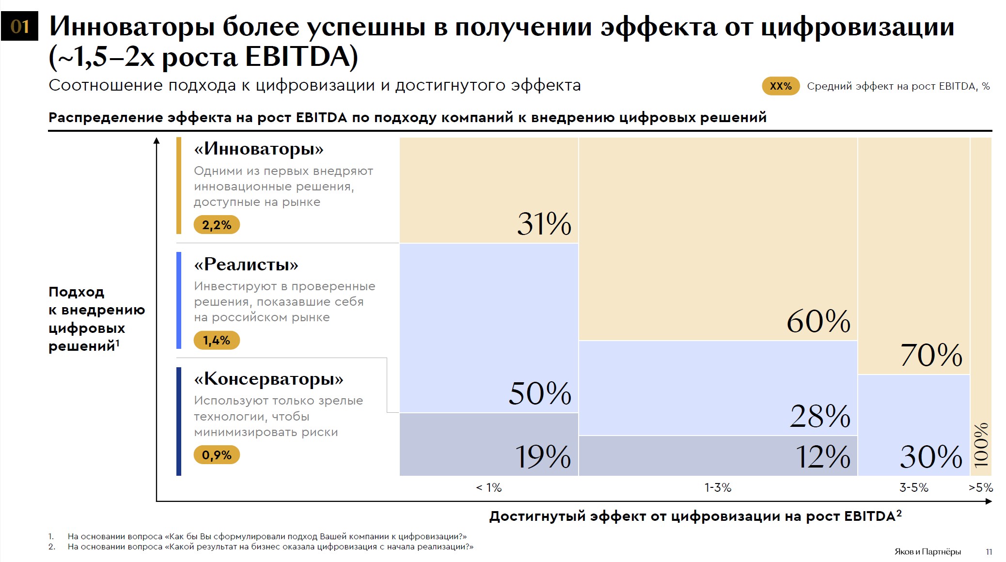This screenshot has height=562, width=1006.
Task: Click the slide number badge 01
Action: pos(19,26)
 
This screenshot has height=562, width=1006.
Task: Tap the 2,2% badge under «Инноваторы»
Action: pos(217,225)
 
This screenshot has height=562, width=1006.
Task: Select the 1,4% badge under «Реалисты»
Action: pos(217,340)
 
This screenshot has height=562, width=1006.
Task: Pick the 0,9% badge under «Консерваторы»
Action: pos(217,455)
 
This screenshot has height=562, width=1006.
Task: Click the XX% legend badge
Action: pos(780,86)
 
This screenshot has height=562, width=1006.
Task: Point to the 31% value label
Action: pos(544,224)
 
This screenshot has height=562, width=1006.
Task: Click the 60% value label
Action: pos(818,321)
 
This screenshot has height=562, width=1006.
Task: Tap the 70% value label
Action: pos(931,355)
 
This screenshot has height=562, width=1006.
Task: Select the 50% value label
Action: pos(540,393)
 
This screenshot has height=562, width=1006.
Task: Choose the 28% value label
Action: pos(820,416)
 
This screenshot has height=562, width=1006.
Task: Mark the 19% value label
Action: pos(543,456)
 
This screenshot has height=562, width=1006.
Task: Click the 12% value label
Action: pos(823,456)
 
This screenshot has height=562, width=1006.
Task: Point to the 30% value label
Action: pos(931,456)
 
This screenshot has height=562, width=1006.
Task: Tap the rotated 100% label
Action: pos(981,444)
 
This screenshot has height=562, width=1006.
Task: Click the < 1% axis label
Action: pos(488,487)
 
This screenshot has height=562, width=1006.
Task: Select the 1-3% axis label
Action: pos(718,487)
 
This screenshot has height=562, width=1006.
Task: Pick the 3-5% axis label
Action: pos(913,487)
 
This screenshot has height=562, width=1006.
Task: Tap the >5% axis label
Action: pos(981,487)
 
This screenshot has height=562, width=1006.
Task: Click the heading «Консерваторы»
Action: pos(268,379)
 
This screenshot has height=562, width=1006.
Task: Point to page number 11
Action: pos(989,552)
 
